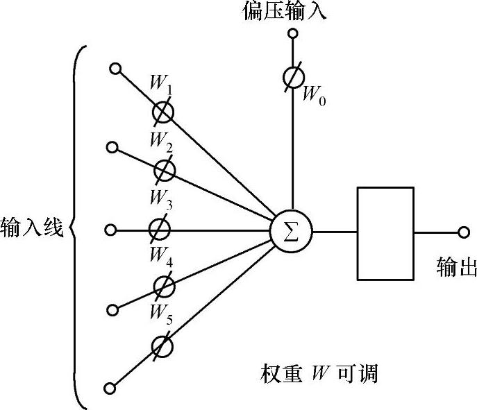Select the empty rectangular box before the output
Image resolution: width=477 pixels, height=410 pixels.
click(x=385, y=233)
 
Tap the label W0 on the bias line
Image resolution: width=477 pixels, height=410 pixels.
click(x=313, y=95)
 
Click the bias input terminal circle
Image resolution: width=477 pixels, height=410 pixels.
click(x=293, y=33)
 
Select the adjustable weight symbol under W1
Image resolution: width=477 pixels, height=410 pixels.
click(x=164, y=111)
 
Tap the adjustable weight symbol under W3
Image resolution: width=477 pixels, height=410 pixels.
click(x=160, y=228)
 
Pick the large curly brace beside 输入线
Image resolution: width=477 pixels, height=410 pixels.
click(x=78, y=228)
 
